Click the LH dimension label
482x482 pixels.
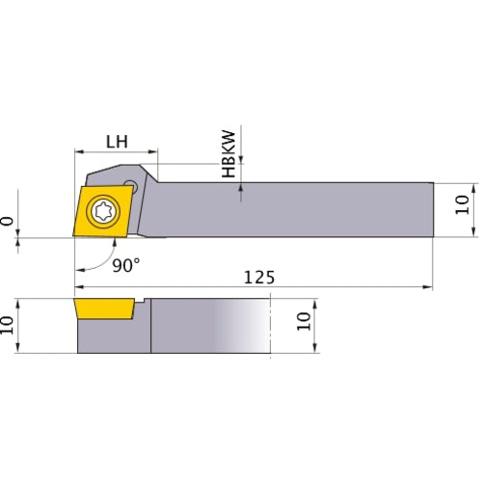tap(117, 141)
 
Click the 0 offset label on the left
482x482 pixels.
tap(8, 221)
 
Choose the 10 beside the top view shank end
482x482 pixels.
tap(462, 203)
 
